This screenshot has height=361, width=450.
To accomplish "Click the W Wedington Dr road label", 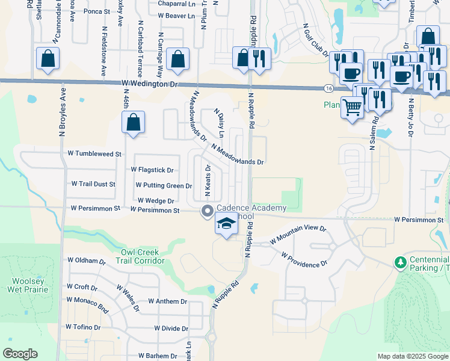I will [x=150, y=85].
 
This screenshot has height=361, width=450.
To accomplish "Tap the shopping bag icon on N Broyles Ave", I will [x=48, y=59].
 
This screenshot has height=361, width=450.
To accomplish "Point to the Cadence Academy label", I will [x=251, y=208].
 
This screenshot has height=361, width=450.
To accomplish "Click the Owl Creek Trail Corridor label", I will [x=142, y=256].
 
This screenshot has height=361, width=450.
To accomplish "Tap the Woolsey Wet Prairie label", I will [x=23, y=285].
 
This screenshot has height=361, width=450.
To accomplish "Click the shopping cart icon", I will [x=353, y=108].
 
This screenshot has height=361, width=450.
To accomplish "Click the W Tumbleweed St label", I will [x=95, y=154].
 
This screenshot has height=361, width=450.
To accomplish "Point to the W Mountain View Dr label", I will [x=298, y=234].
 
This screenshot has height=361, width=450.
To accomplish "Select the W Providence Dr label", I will [x=304, y=259].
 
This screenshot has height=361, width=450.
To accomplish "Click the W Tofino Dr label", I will [x=83, y=327].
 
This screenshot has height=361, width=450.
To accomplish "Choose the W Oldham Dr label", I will [x=86, y=261].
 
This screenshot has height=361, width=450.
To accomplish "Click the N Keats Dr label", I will [x=207, y=181].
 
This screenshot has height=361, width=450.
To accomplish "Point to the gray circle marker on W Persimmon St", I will [x=208, y=211].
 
